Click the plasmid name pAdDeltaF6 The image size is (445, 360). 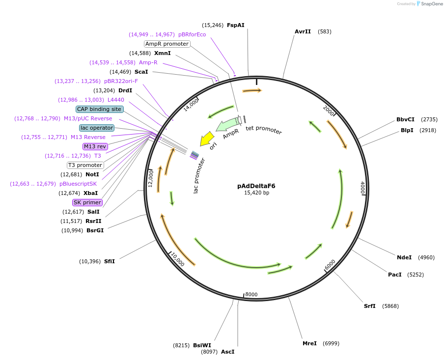coord(256,186)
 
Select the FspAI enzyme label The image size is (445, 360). coord(236,25)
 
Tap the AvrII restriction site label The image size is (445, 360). coord(303,31)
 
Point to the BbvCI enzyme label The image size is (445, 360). coord(405,119)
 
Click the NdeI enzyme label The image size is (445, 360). coord(404,257)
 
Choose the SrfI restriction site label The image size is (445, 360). coord(369,306)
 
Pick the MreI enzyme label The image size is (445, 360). coord(309,343)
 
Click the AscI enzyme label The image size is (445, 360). coord(227,352)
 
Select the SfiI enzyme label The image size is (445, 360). coord(109,261)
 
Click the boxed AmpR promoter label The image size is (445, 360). coord(167,44)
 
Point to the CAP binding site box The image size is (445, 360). coord(99,109)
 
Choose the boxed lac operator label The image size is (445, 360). coord(97,128)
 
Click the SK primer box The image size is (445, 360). coord(87,202)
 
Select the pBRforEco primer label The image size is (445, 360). coord(192,34)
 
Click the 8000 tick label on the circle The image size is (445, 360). coord(251,295)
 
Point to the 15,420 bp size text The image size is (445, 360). coord(256,193)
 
